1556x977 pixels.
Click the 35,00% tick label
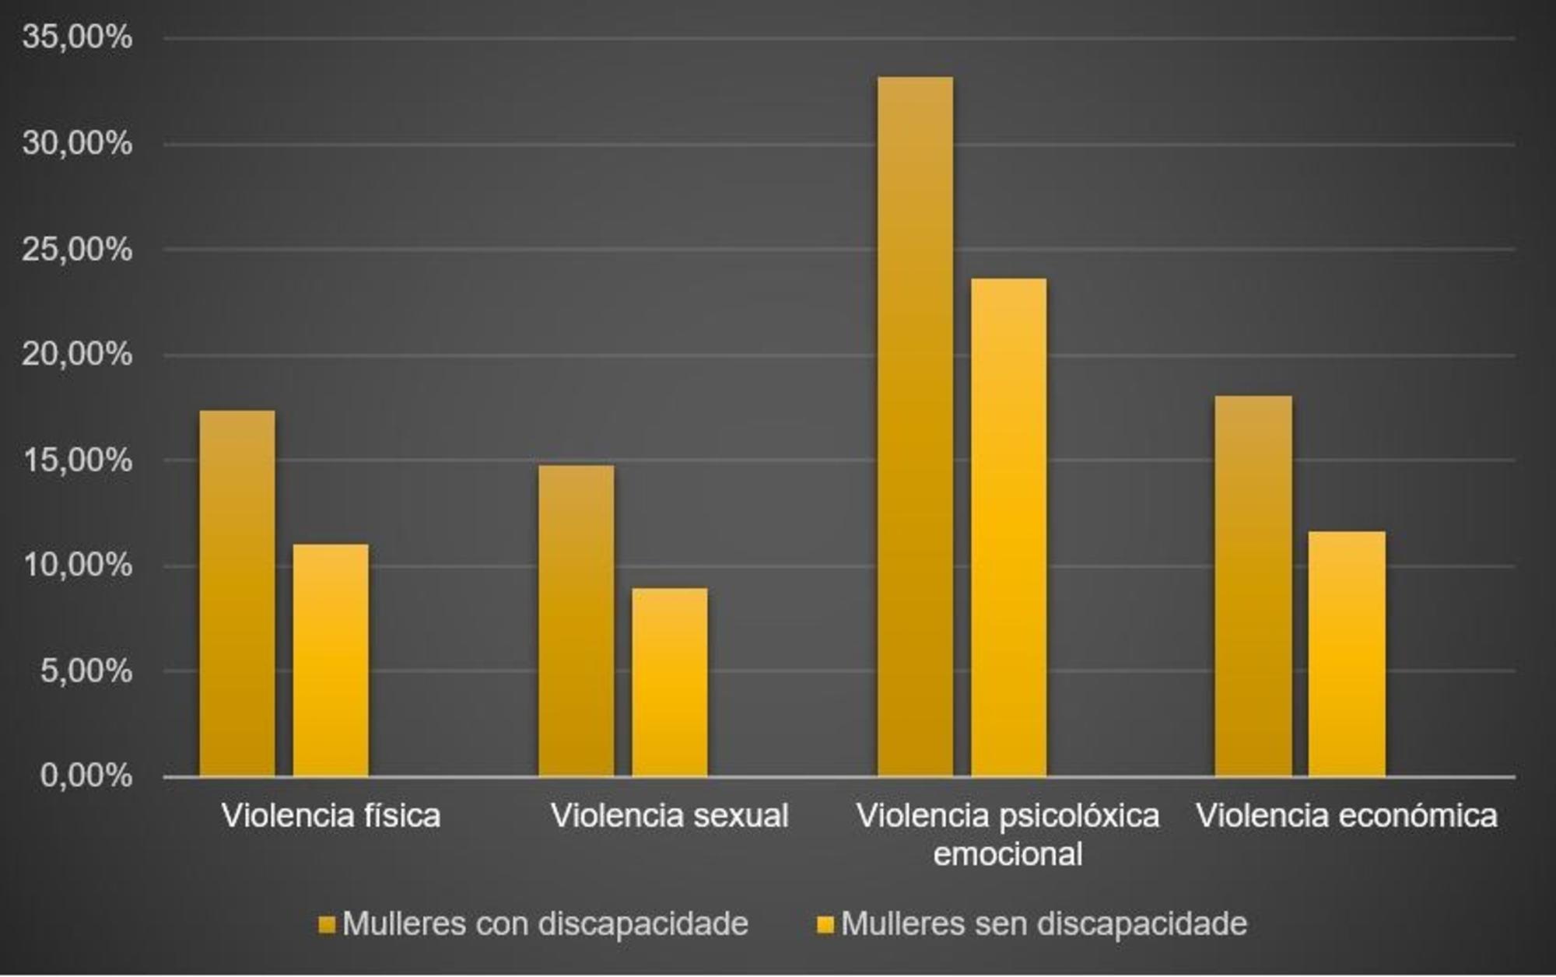pos(77,37)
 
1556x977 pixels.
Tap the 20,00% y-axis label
pos(77,355)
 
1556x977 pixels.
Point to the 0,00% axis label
pos(86,776)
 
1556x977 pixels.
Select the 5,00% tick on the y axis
pos(86,671)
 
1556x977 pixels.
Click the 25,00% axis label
pos(77,250)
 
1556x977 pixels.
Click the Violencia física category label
pos(331,816)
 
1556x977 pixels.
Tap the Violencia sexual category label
pos(670,816)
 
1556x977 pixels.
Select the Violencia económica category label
pos(1347,816)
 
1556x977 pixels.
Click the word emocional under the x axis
pos(1008,854)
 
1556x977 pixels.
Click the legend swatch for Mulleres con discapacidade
pos(327,925)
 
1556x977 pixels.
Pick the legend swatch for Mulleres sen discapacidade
pos(825,925)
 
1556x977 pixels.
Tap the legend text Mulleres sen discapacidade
pos(1044,924)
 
